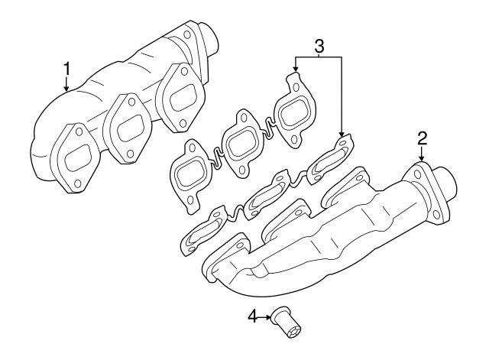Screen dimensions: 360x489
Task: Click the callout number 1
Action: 66,69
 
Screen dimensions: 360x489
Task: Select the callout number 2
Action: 422,138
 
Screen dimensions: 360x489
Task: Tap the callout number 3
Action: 319,45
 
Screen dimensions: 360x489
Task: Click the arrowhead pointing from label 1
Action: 66,89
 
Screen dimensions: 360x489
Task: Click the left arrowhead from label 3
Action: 295,71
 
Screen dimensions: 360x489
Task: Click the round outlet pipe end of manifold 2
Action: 447,186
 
